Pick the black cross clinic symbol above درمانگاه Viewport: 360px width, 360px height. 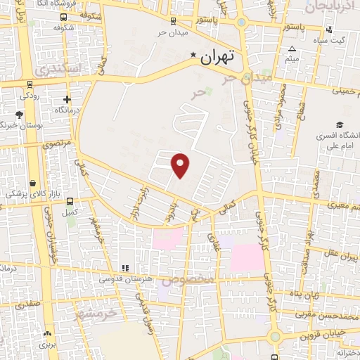pos(67,100)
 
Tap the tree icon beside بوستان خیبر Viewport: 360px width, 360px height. pos(19,114)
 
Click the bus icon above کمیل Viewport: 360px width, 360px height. pos(68,200)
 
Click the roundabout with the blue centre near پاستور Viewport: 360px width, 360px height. pos(242,22)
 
